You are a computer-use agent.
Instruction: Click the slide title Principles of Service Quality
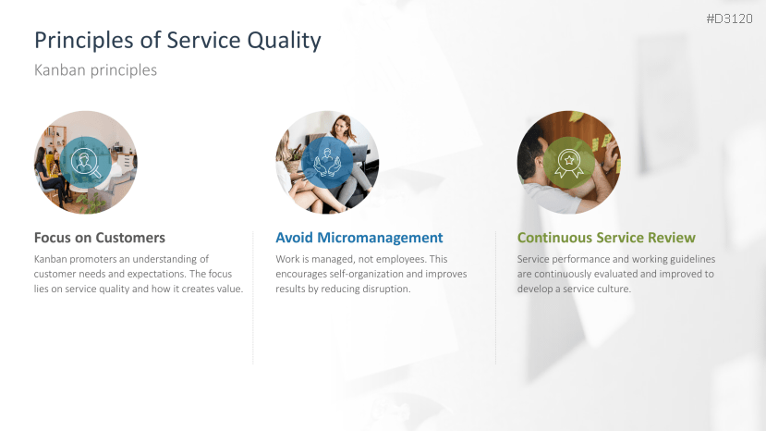pyautogui.click(x=177, y=41)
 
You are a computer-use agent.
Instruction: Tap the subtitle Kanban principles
pyautogui.click(x=95, y=70)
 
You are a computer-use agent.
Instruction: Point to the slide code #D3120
pyautogui.click(x=729, y=18)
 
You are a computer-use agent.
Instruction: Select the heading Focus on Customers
pyautogui.click(x=100, y=238)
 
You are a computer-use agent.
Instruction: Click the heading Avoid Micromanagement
pyautogui.click(x=359, y=238)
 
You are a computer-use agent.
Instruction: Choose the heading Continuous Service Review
pyautogui.click(x=606, y=238)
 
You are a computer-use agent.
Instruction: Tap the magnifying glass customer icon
pyautogui.click(x=86, y=163)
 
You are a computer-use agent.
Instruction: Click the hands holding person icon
pyautogui.click(x=327, y=163)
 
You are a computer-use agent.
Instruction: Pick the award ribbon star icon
pyautogui.click(x=569, y=163)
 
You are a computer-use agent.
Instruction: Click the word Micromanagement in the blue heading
pyautogui.click(x=380, y=238)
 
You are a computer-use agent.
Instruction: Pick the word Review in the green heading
pyautogui.click(x=672, y=238)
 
